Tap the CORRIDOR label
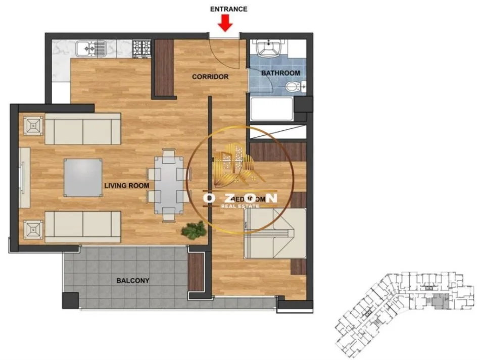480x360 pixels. pos(210,77)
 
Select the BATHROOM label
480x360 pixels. pos(280,73)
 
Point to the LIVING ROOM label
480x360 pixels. pos(126,186)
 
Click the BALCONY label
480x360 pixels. pos(133,280)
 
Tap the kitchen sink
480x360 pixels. pos(90,48)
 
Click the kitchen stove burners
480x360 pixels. pos(142,48)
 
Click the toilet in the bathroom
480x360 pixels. pos(293,88)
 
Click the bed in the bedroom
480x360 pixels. pos(275,232)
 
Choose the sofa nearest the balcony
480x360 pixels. pos(83,227)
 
